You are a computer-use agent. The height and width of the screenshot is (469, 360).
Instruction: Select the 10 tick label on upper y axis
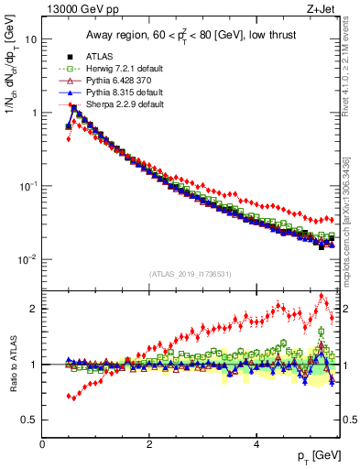point(30,40)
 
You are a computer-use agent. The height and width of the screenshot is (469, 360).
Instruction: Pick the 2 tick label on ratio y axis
point(33,309)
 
